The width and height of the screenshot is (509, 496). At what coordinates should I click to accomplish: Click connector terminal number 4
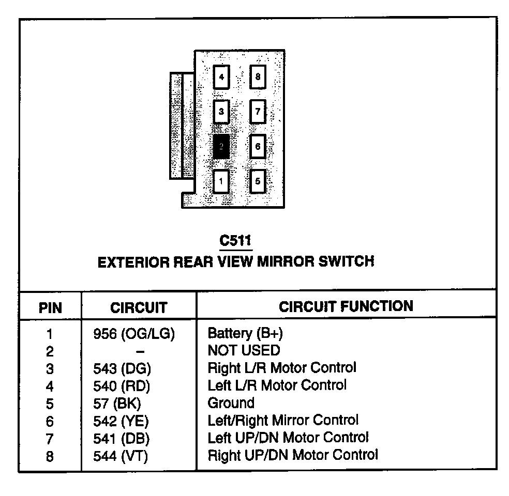tap(221, 78)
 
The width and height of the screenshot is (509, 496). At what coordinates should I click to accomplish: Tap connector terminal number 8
tap(258, 78)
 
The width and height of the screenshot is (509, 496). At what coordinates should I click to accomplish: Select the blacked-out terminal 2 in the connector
tap(221, 146)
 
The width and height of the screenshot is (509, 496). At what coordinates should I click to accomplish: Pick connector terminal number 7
tap(258, 112)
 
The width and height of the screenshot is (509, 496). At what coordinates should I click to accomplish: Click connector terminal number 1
tap(221, 181)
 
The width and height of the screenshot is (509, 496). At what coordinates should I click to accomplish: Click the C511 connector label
tap(235, 241)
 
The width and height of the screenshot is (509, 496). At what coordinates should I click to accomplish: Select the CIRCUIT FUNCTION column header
tap(346, 306)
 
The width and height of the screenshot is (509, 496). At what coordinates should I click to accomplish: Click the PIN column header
tap(50, 308)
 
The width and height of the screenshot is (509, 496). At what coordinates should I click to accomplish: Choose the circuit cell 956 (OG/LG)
tap(133, 334)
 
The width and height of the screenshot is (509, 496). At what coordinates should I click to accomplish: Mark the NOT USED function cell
tap(243, 351)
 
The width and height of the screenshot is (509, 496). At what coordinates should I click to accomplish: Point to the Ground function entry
tap(231, 403)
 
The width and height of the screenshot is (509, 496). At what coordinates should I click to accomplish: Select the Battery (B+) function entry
tap(245, 333)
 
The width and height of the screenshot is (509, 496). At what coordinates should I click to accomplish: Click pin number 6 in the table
tap(50, 422)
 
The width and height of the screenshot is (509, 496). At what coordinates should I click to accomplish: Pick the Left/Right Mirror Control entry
tap(282, 420)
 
